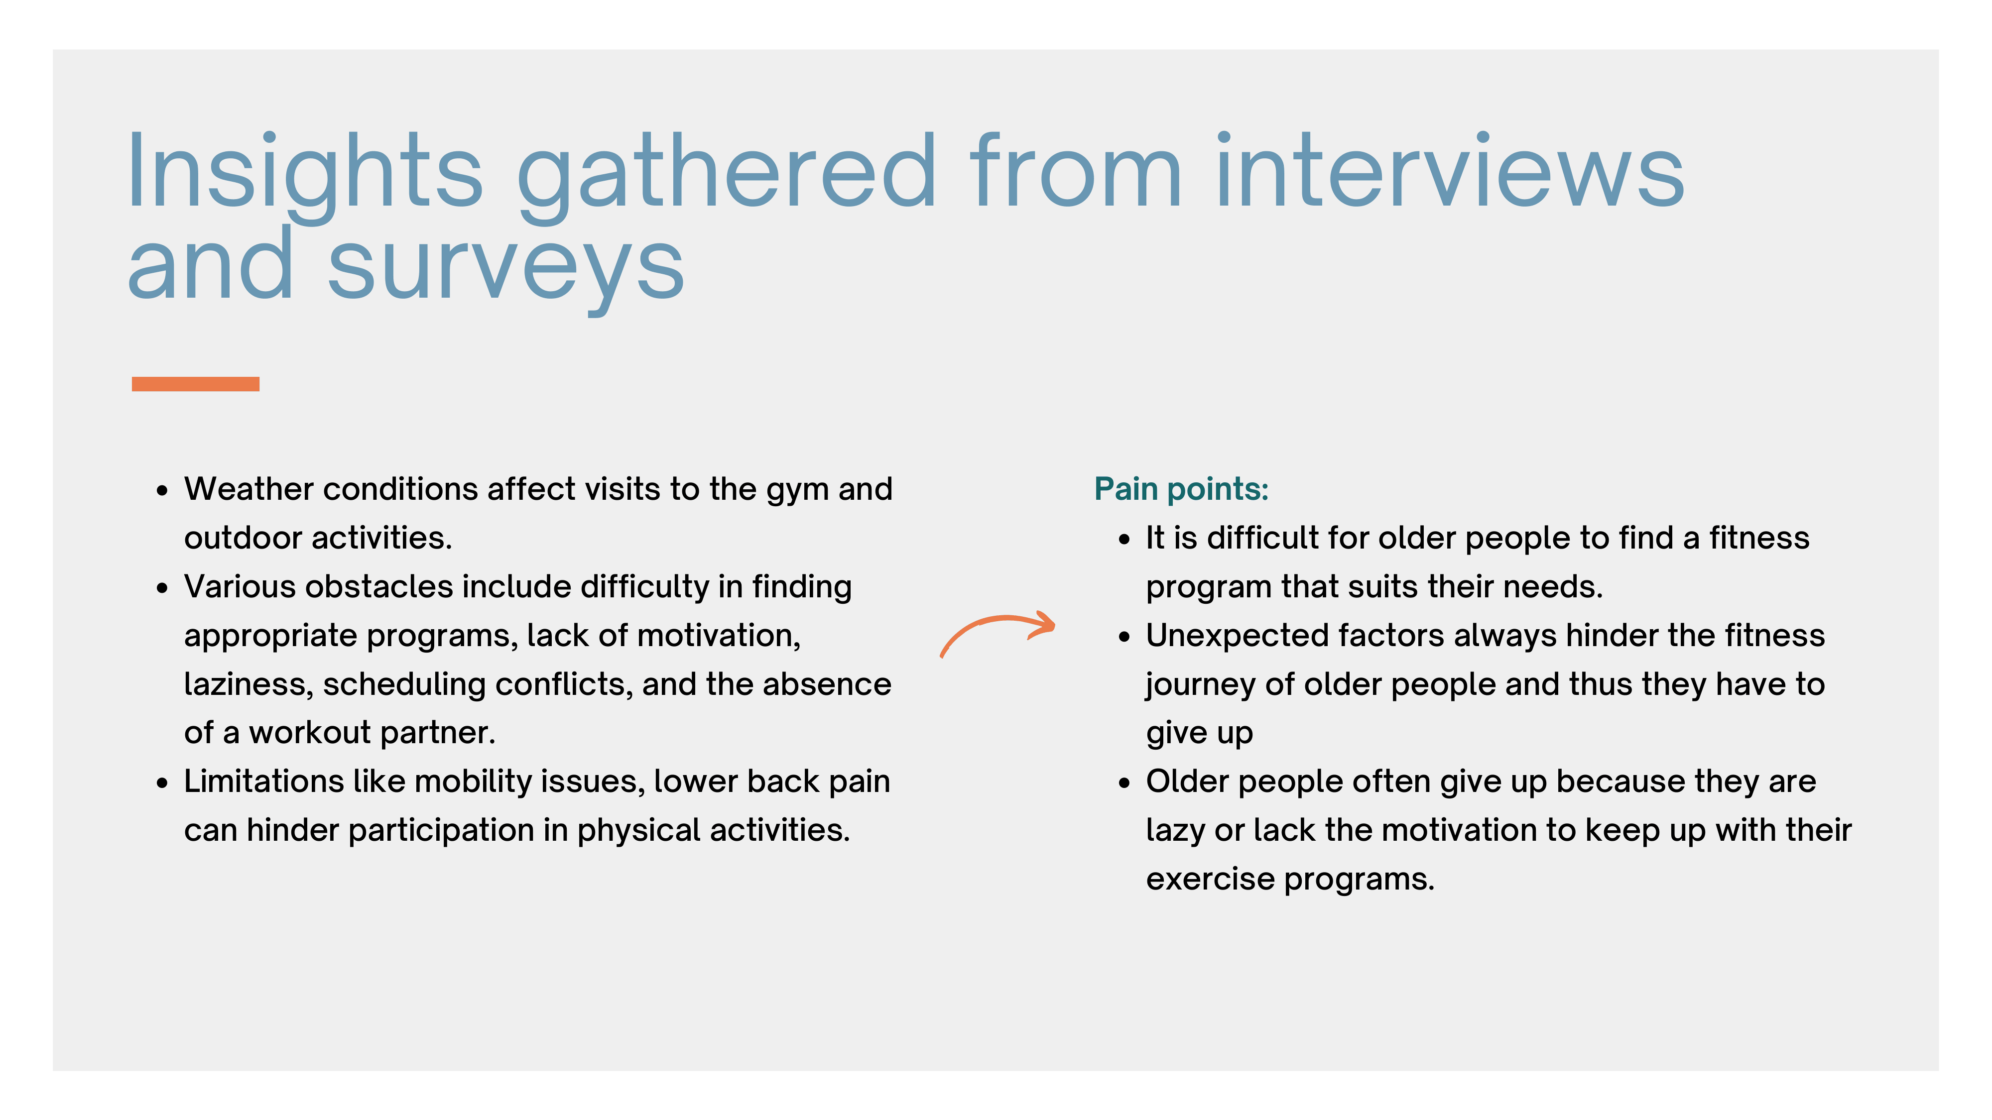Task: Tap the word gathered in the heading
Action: [727, 176]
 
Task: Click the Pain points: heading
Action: [1181, 490]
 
